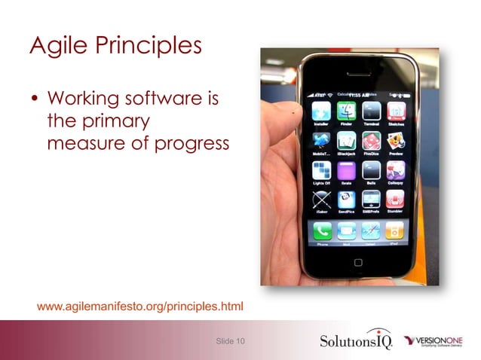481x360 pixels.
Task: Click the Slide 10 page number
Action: [230, 341]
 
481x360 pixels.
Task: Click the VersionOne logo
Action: [440, 340]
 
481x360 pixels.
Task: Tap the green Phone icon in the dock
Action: [322, 230]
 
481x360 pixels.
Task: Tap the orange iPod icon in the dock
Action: [394, 230]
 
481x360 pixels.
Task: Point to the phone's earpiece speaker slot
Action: [358, 79]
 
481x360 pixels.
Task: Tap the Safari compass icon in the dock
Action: [370, 230]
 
